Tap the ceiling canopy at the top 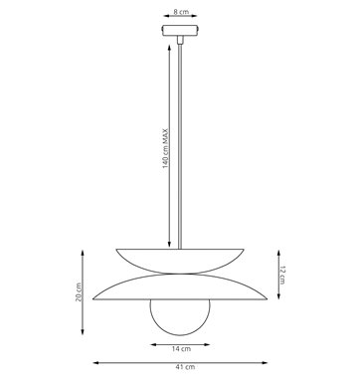coord(180,30)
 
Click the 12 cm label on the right coord(281,276)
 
